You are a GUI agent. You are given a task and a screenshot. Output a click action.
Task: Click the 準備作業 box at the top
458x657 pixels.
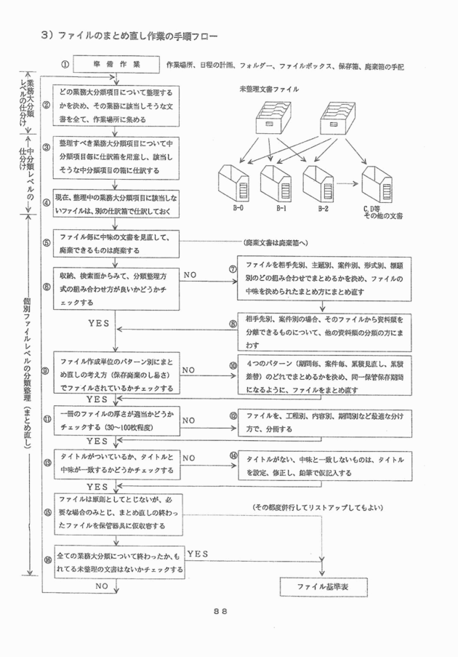(116, 65)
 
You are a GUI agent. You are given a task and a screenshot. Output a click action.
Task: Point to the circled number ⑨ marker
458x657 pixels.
(46, 370)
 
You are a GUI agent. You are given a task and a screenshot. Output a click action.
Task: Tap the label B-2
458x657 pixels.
(323, 208)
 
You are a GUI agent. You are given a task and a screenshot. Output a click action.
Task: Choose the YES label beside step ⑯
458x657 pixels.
(198, 554)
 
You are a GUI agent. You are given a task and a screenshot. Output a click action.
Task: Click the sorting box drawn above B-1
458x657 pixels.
(276, 182)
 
